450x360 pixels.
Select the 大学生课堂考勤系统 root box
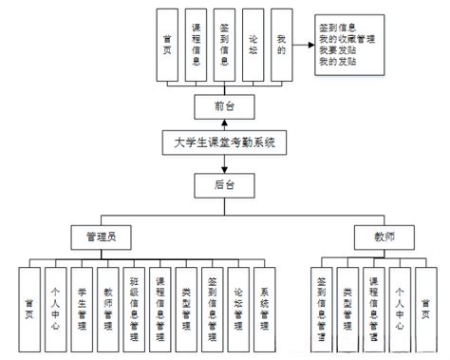point(225,144)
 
